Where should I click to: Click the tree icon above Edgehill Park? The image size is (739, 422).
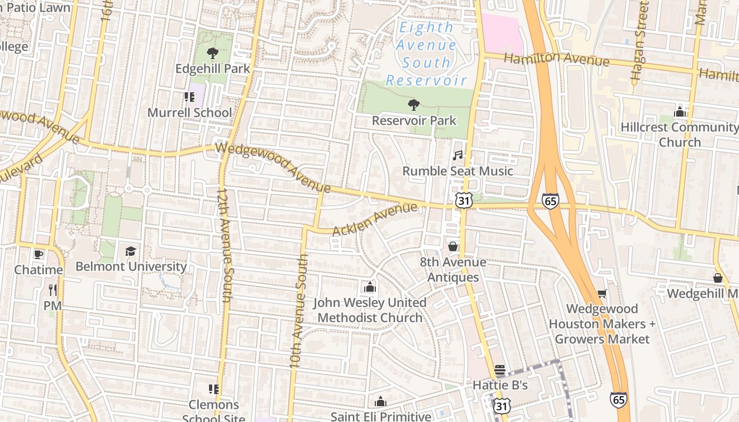(213, 53)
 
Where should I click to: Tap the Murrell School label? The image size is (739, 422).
(190, 112)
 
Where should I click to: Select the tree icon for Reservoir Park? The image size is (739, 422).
(414, 105)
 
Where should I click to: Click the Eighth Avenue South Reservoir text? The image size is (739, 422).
(427, 54)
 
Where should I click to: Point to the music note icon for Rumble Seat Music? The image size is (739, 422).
(458, 155)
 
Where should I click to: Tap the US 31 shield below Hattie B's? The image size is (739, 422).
(502, 405)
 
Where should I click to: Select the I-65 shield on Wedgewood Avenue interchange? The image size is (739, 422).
(550, 200)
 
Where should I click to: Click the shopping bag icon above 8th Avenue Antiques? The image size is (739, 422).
(453, 246)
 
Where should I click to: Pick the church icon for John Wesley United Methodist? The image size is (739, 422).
(369, 287)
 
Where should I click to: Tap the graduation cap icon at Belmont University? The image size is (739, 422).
(130, 251)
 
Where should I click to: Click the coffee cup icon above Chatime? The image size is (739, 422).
(39, 254)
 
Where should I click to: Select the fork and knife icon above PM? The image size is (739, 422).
(53, 290)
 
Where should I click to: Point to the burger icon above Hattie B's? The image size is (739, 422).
(500, 370)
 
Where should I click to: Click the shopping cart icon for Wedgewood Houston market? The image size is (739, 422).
(602, 293)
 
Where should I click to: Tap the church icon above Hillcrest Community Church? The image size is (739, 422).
(680, 111)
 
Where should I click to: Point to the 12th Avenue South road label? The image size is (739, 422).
(224, 245)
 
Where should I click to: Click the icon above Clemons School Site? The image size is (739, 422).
(214, 389)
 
